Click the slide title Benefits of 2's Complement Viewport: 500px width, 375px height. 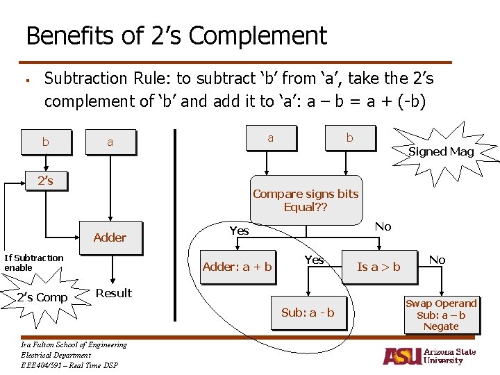pyautogui.click(x=176, y=35)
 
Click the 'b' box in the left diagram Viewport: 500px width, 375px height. pyautogui.click(x=45, y=142)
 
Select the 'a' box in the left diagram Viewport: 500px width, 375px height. pyautogui.click(x=110, y=142)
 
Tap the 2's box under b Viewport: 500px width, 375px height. pyautogui.click(x=45, y=181)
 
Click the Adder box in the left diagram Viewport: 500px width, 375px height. pyautogui.click(x=110, y=237)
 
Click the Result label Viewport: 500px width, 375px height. pyautogui.click(x=113, y=293)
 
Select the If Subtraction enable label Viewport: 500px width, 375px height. pyautogui.click(x=33, y=262)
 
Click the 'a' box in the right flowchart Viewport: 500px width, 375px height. pyautogui.click(x=270, y=137)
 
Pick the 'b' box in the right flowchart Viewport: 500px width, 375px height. pyautogui.click(x=349, y=137)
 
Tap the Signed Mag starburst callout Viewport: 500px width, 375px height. pyautogui.click(x=441, y=151)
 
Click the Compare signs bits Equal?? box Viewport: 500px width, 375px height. pyautogui.click(x=306, y=200)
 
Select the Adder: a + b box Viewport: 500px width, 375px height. pyautogui.click(x=237, y=267)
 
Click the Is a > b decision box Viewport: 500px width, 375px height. pyautogui.click(x=378, y=267)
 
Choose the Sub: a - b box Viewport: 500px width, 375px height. pyautogui.click(x=308, y=312)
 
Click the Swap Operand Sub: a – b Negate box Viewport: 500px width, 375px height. pyautogui.click(x=441, y=315)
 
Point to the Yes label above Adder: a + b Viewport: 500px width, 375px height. pyautogui.click(x=239, y=231)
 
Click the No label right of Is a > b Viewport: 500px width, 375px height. pyautogui.click(x=437, y=260)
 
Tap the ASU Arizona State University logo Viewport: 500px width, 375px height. pyautogui.click(x=429, y=356)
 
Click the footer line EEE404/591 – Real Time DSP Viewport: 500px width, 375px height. pyautogui.click(x=69, y=365)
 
